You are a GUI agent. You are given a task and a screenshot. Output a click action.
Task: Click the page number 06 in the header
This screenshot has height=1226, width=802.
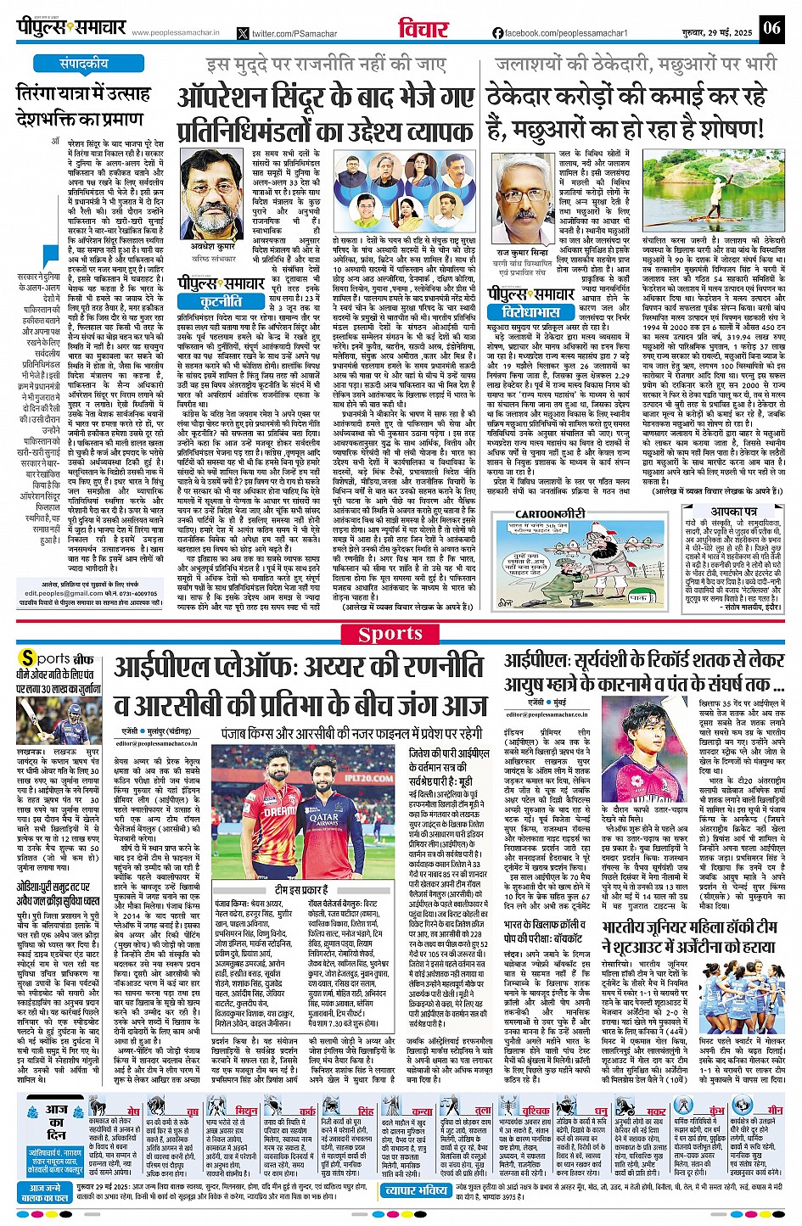click(x=770, y=28)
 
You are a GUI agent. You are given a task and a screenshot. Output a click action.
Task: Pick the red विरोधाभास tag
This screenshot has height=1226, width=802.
click(x=525, y=313)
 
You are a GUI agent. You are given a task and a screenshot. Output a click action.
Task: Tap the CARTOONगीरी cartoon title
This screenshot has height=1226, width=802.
click(x=551, y=513)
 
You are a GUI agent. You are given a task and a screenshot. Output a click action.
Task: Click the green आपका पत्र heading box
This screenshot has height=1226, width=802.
click(x=734, y=512)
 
